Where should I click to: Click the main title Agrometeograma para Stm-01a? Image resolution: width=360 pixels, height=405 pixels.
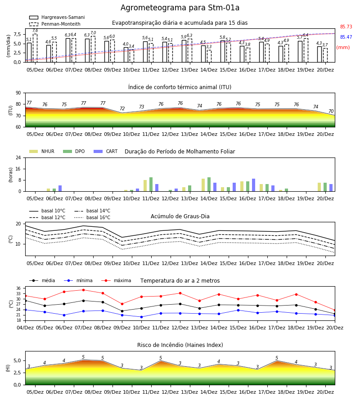pyautogui.click(x=180, y=8)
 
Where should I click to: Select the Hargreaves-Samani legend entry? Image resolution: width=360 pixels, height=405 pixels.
pyautogui.click(x=57, y=17)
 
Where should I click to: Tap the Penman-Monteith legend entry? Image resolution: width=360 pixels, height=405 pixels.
pyautogui.click(x=55, y=24)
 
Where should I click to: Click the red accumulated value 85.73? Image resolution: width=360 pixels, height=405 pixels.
pyautogui.click(x=346, y=27)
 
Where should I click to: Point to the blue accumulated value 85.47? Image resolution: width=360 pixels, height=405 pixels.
pyautogui.click(x=346, y=37)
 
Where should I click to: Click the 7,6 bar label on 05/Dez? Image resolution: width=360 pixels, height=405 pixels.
pyautogui.click(x=35, y=31)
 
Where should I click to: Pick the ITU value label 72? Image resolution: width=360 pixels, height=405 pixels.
pyautogui.click(x=122, y=108)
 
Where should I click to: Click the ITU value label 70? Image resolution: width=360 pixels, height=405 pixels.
pyautogui.click(x=331, y=111)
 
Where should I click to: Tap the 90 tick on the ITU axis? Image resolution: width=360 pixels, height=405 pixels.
pyautogui.click(x=18, y=93)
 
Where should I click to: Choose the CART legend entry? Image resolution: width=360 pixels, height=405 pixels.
pyautogui.click(x=105, y=151)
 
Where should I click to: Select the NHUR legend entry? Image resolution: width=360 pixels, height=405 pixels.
pyautogui.click(x=41, y=151)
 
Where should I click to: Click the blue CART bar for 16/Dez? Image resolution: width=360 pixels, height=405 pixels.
pyautogui.click(x=254, y=185)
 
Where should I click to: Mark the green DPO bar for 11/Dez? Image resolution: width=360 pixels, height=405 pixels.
pyautogui.click(x=151, y=184)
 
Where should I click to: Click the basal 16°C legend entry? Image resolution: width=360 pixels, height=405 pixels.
pyautogui.click(x=92, y=217)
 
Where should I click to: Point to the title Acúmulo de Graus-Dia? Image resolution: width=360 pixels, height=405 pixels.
pyautogui.click(x=180, y=216)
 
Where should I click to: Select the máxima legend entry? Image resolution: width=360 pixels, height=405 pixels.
pyautogui.click(x=116, y=280)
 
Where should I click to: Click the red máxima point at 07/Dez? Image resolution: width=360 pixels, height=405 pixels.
pyautogui.click(x=83, y=290)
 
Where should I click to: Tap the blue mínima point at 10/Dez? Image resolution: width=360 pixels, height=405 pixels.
pyautogui.click(x=141, y=317)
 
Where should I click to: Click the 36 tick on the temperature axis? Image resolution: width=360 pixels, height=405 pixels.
pyautogui.click(x=18, y=288)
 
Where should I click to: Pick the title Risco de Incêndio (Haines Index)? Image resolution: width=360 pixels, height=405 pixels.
pyautogui.click(x=180, y=345)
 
